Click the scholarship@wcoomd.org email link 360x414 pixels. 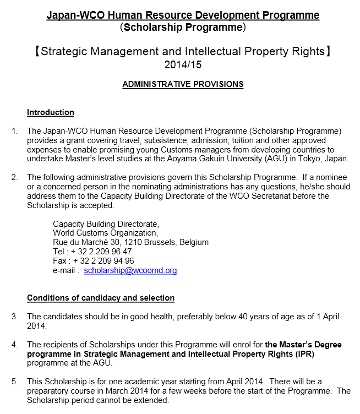pos(130,270)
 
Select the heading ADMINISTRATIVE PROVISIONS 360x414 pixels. pos(183,84)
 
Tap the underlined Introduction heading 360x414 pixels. pos(51,112)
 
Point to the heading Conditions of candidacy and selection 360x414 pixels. pos(101,298)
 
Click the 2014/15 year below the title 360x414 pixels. pos(180,65)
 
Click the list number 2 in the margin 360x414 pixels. pos(14,177)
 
